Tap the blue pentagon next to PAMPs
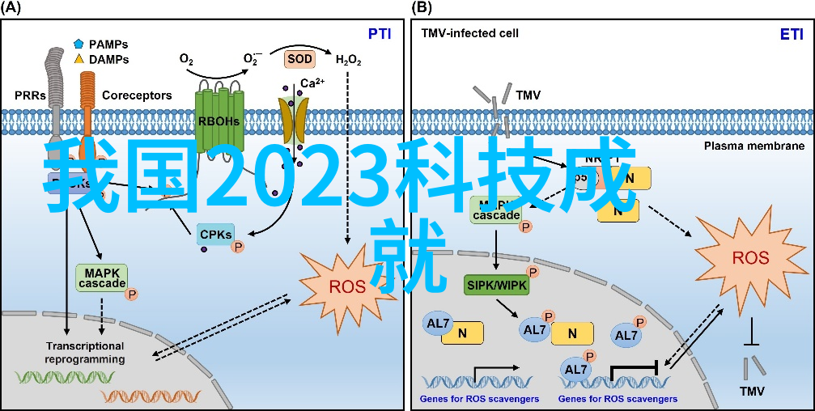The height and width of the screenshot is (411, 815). [79, 44]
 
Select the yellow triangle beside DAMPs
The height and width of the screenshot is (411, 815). [79, 59]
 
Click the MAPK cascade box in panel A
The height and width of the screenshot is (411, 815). [102, 278]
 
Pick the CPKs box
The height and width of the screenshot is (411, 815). [216, 235]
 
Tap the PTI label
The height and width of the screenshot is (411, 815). [380, 34]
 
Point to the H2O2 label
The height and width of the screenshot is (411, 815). [349, 60]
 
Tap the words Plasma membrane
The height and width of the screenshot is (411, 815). [753, 146]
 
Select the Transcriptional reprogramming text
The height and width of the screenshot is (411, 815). [85, 352]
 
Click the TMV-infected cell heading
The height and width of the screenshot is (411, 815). [469, 33]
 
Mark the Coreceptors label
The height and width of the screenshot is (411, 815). [137, 95]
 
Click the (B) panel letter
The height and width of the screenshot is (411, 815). [422, 8]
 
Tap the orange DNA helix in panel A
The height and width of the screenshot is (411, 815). [138, 395]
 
